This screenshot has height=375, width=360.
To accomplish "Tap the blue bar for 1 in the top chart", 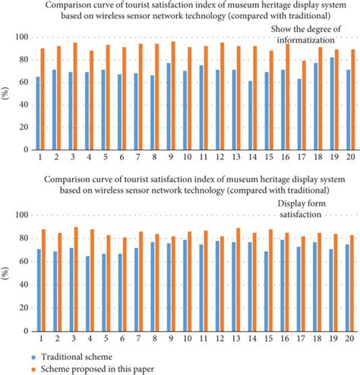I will (38, 113).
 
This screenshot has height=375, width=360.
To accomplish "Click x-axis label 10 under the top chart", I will (187, 156).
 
